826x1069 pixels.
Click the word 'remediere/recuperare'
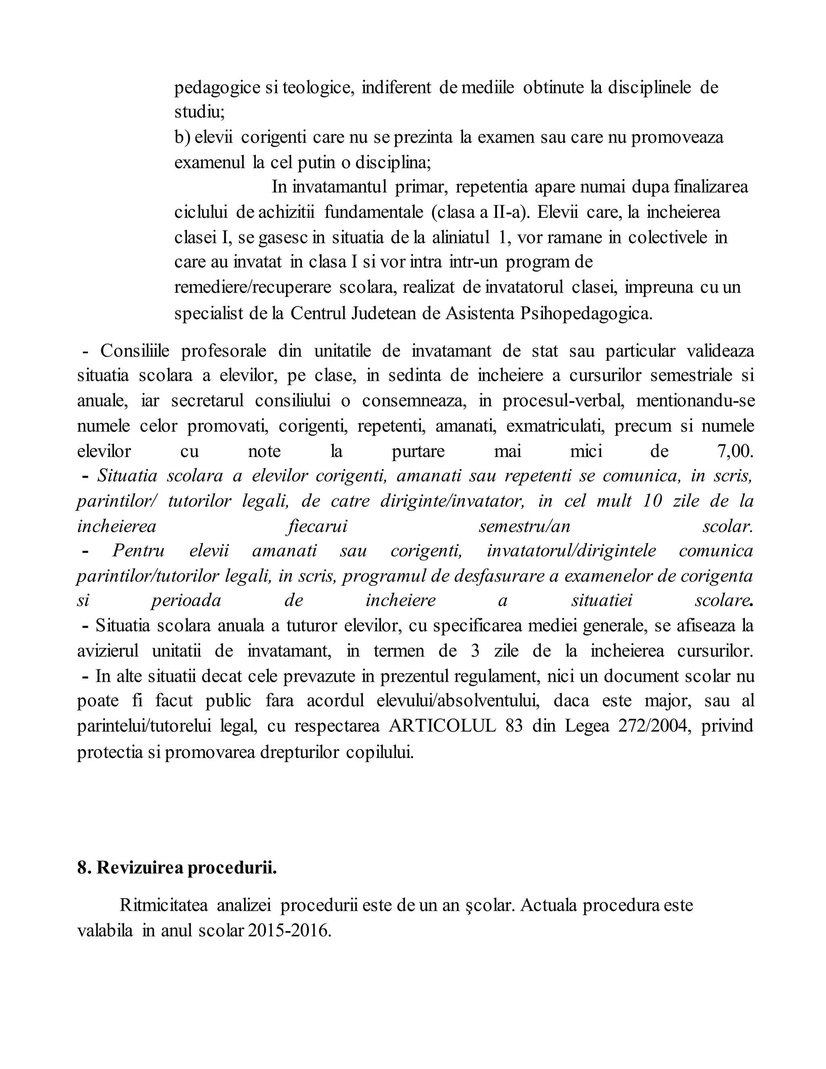(252, 287)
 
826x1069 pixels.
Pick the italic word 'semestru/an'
(524, 526)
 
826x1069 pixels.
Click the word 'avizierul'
(108, 651)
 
